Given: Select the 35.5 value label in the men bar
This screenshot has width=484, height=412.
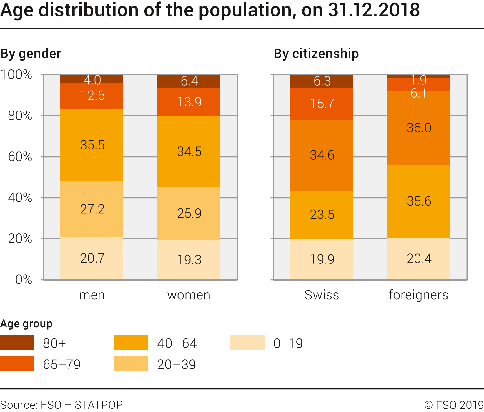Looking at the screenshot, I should [92, 145].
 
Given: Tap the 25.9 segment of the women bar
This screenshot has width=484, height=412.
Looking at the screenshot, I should [189, 213].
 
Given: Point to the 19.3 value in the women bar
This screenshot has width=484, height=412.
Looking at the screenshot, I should [189, 260].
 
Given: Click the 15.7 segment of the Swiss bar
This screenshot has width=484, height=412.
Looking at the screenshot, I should [322, 104].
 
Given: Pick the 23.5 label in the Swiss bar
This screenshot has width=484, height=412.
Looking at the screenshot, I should [322, 215].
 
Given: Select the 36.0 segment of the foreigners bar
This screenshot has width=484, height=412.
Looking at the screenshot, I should [418, 128].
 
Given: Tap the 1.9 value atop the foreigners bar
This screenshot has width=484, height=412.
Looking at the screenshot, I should [418, 80].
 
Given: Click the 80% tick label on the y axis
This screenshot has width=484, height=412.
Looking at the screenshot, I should [20, 116].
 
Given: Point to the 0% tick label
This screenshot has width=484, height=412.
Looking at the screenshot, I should [24, 279].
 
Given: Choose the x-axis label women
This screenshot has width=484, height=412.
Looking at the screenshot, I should [189, 295].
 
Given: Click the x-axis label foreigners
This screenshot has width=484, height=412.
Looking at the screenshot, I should [418, 295].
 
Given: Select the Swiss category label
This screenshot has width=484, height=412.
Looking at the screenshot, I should [322, 295].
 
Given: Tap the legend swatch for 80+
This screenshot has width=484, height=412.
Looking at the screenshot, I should [17, 343].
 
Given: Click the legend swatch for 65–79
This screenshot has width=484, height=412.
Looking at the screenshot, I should [17, 364].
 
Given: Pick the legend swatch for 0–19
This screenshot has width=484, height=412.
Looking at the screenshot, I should [247, 343].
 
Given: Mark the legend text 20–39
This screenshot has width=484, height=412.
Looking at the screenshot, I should [177, 364].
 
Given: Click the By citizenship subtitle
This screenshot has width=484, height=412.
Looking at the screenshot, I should [316, 54].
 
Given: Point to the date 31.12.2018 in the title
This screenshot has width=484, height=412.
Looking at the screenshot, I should [374, 10].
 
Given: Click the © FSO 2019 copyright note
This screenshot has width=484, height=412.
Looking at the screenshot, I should [454, 405].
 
